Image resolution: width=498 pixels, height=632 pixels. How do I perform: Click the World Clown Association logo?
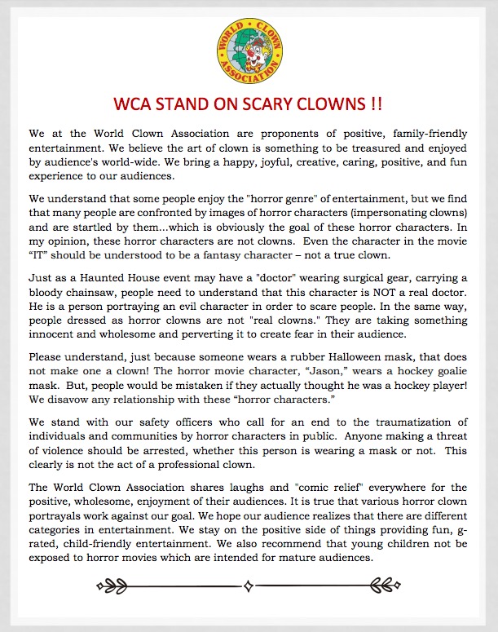tap(249, 54)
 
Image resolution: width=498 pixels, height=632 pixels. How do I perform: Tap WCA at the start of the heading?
tap(141, 106)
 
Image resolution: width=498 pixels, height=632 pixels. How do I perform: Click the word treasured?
tap(321, 147)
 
